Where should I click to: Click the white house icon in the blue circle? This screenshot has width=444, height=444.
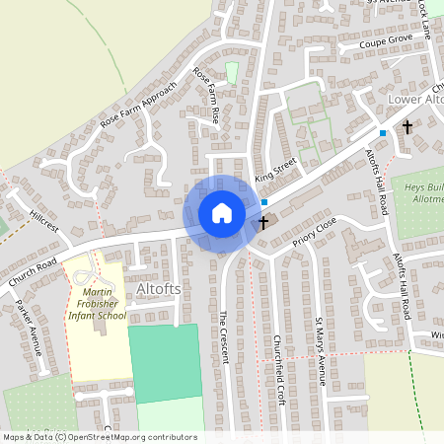222,213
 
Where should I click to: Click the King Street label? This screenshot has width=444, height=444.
275,176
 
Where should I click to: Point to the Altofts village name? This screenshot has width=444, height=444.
161,287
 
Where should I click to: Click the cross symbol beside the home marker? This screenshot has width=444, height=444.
262,224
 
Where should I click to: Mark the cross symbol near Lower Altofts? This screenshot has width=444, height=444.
407,127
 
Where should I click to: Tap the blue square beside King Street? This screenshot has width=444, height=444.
264,201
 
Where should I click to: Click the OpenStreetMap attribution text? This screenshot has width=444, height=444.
99,437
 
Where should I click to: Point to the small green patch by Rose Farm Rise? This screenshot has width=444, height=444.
232,73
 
